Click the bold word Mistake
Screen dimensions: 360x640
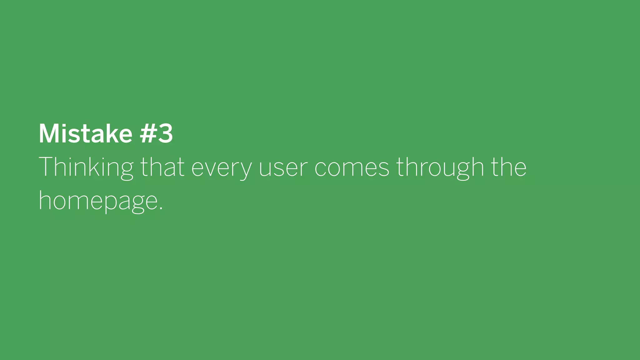[x=85, y=134]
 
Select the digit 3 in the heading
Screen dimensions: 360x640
[x=165, y=134]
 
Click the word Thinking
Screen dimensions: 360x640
[x=86, y=167]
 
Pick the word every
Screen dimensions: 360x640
[x=221, y=169]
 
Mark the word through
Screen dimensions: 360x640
[x=440, y=167]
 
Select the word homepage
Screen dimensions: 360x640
[x=98, y=202]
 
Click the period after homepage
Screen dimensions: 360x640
[x=161, y=208]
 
